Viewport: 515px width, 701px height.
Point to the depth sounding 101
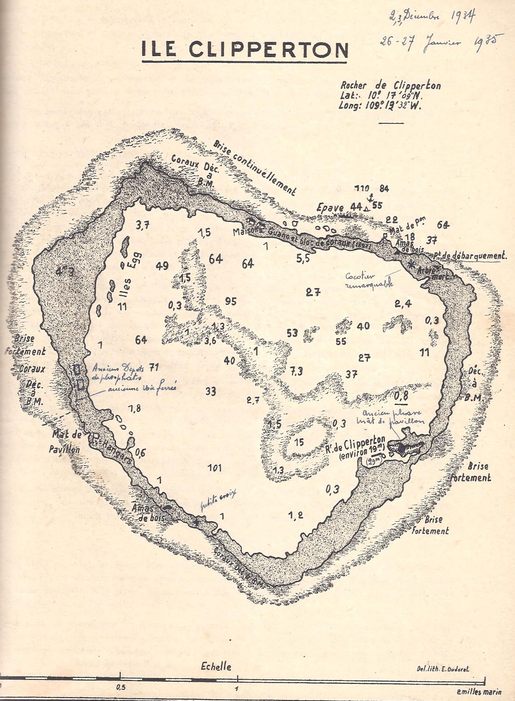click(214, 468)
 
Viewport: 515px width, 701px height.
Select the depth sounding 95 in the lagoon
click(231, 301)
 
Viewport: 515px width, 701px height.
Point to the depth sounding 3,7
click(143, 226)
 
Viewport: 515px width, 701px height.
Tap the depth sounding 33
click(211, 391)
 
